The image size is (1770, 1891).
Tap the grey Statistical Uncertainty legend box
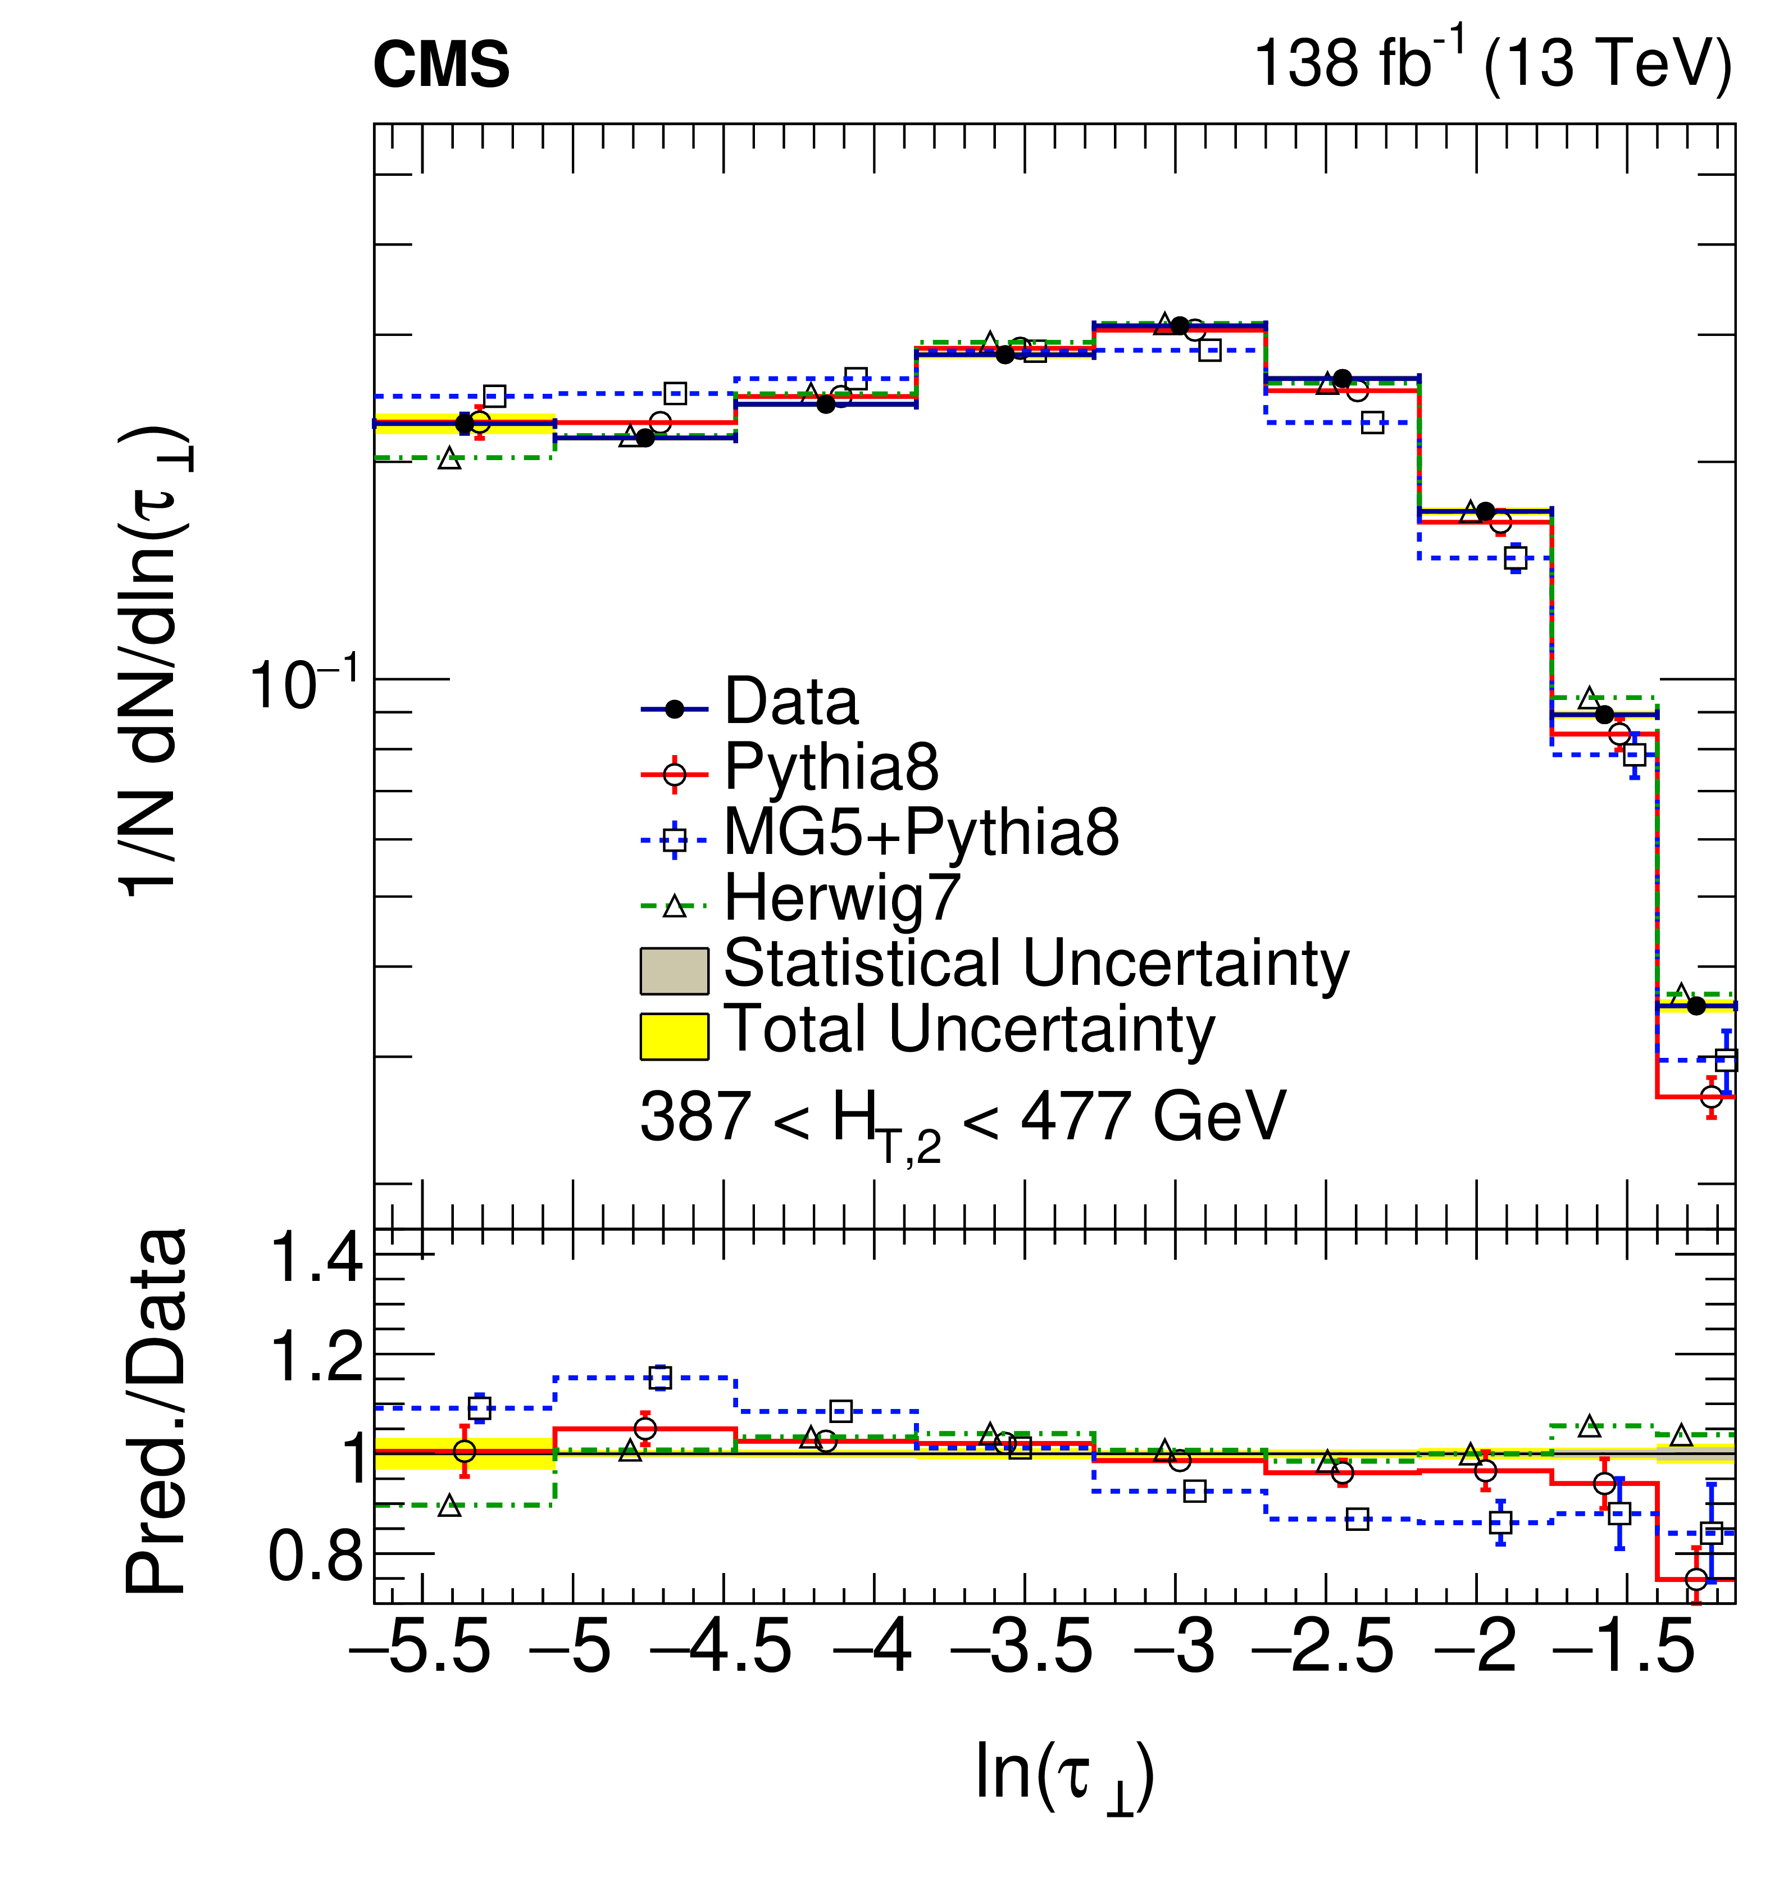tap(674, 970)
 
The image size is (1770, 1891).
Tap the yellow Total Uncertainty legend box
tap(674, 1036)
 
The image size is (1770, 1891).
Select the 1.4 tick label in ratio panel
tap(317, 1257)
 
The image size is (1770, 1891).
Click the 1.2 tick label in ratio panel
tap(317, 1356)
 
